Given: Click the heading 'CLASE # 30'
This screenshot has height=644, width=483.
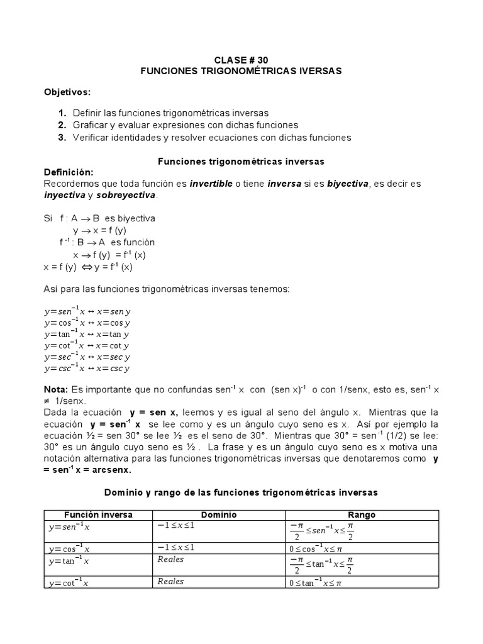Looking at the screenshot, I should click(241, 60).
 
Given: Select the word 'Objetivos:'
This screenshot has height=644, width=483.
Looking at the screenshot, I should click(67, 92).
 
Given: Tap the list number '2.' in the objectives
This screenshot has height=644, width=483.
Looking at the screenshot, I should click(62, 125).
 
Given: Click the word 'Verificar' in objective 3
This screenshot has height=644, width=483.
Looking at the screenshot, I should click(92, 137).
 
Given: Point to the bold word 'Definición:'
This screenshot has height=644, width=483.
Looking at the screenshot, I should click(69, 172).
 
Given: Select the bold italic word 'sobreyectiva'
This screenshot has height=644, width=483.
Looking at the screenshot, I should click(125, 196).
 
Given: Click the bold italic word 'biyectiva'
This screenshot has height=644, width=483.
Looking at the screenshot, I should click(348, 184).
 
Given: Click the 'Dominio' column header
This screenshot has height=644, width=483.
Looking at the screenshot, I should click(219, 514).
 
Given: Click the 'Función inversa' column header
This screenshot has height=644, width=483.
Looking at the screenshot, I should click(98, 514).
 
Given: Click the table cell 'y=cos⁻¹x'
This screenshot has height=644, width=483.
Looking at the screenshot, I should click(67, 548).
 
